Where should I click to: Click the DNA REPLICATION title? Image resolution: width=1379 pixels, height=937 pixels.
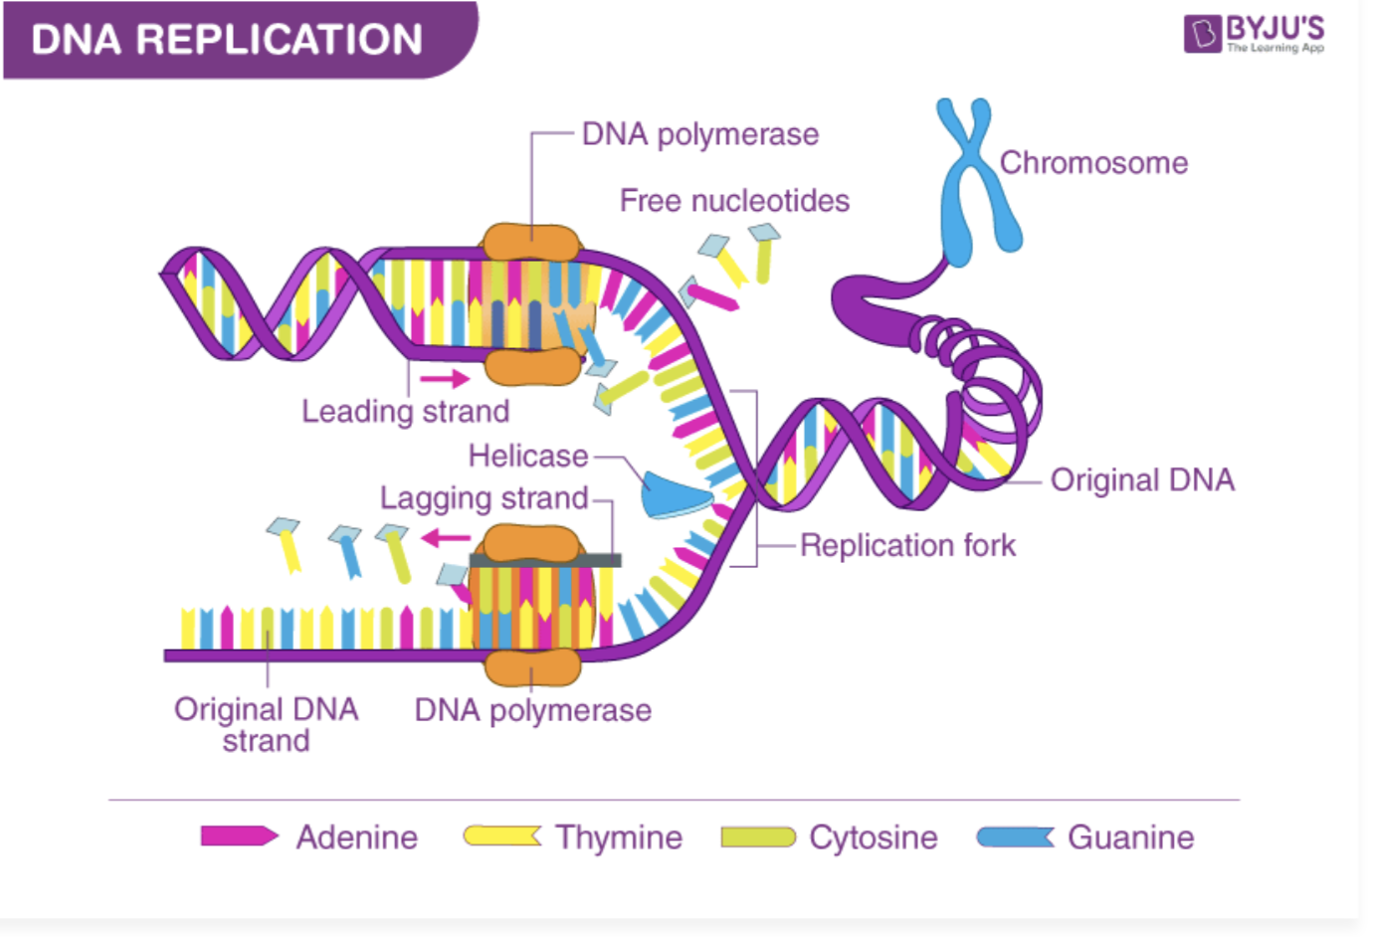[x=227, y=40]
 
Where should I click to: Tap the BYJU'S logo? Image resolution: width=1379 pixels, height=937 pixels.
[x=1255, y=33]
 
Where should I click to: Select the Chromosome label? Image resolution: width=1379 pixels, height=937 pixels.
[x=1093, y=163]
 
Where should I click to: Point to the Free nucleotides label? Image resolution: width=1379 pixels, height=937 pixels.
[x=734, y=201]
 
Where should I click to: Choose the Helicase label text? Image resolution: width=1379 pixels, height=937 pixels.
[x=528, y=457]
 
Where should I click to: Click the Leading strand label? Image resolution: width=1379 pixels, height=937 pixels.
[x=405, y=412]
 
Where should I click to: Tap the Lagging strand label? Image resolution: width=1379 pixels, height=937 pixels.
[x=484, y=498]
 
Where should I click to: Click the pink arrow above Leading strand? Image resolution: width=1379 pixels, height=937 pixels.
[x=444, y=379]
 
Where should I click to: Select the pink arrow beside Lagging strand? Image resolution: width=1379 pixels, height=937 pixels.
[x=446, y=539]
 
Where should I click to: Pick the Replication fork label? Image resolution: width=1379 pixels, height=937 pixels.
[x=907, y=546]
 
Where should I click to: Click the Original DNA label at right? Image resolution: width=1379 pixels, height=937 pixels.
[x=1142, y=480]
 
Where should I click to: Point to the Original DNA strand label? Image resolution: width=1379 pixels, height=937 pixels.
[x=266, y=725]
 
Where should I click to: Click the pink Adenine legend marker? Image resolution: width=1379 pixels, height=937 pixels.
[x=239, y=837]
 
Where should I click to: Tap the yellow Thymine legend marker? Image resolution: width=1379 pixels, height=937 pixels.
[x=502, y=837]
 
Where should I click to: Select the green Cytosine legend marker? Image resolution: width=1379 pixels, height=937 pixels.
[x=758, y=837]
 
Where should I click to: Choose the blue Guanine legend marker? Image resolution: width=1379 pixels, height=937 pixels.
[x=1015, y=837]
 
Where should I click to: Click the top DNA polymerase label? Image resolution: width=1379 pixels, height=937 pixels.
[x=699, y=134]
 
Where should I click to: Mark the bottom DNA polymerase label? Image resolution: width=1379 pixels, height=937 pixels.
[x=532, y=710]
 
